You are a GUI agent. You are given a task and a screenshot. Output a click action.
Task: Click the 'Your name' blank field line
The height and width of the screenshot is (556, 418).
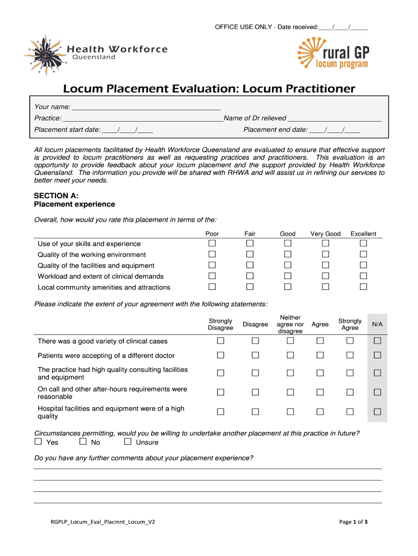coord(146,107)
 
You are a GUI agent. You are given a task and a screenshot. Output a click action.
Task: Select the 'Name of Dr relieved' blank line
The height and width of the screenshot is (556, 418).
coord(334,118)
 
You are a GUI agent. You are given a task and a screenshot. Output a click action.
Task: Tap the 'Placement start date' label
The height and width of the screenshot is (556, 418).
coord(67,130)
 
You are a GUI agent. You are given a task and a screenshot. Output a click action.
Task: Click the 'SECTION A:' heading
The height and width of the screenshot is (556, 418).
coord(56,195)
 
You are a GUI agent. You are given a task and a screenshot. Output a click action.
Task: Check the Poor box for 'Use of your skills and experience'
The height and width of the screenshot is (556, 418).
coord(212,243)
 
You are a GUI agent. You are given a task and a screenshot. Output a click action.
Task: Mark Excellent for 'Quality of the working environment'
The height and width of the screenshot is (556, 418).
coord(363,254)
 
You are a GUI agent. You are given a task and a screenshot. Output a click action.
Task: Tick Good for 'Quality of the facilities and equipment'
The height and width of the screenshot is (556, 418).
coord(288,264)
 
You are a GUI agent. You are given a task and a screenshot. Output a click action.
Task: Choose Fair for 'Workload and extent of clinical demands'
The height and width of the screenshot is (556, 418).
coord(250,275)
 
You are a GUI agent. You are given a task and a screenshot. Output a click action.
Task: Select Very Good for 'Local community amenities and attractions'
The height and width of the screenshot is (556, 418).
coord(325,286)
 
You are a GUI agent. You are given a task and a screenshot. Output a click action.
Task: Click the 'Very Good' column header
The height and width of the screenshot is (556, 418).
coord(325,234)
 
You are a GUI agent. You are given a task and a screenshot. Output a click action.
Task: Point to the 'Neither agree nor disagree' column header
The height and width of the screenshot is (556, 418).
coord(290,324)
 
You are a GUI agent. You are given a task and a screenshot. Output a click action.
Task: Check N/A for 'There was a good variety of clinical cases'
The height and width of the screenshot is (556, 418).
coord(377,340)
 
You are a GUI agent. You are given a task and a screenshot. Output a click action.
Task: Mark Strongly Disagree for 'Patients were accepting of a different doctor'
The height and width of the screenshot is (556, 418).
coord(220,355)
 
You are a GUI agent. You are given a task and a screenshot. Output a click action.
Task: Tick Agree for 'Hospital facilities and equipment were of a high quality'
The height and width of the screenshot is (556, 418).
coord(320,412)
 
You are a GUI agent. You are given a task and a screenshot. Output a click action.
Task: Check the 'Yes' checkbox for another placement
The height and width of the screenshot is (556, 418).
coord(39,441)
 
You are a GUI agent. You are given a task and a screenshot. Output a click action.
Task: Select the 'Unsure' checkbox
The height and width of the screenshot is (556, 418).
coord(128,441)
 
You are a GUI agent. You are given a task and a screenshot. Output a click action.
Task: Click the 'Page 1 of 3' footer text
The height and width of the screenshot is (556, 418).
coord(353,522)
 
